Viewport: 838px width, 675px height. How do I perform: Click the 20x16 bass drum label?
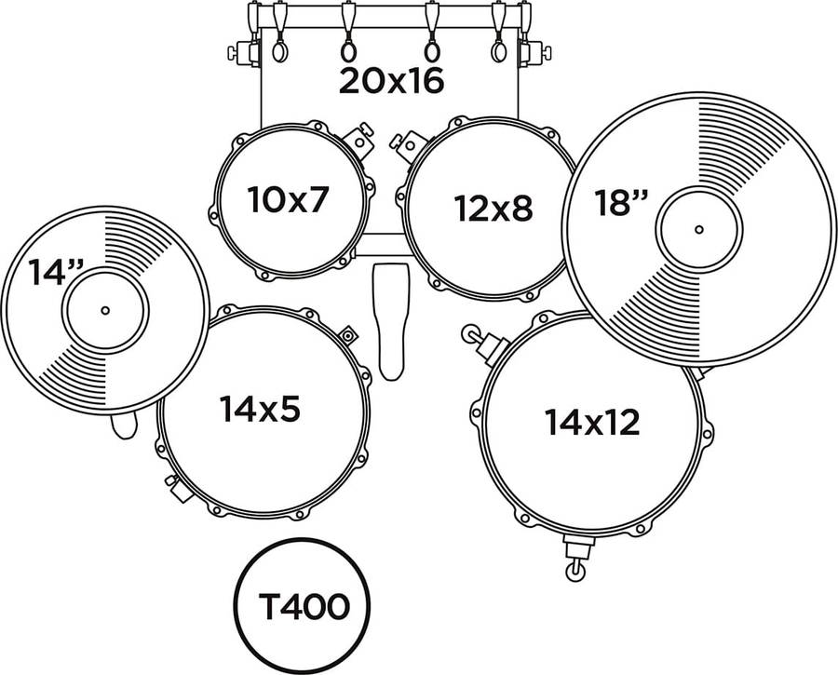pyautogui.click(x=391, y=82)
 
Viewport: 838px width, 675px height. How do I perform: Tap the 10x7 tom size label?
pyautogui.click(x=287, y=199)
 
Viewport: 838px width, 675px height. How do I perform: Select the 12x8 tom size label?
pyautogui.click(x=493, y=208)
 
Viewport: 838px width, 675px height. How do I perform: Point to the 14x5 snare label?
pyautogui.click(x=260, y=409)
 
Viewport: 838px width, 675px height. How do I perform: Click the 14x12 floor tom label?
pyautogui.click(x=592, y=422)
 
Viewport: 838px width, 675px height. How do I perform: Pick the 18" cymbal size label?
pyautogui.click(x=621, y=203)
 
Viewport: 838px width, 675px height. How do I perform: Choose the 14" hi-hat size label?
pyautogui.click(x=56, y=272)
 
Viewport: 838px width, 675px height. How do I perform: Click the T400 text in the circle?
pyautogui.click(x=304, y=607)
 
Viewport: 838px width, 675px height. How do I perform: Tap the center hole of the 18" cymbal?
pyautogui.click(x=699, y=230)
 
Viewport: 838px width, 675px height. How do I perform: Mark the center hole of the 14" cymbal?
pyautogui.click(x=105, y=310)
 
